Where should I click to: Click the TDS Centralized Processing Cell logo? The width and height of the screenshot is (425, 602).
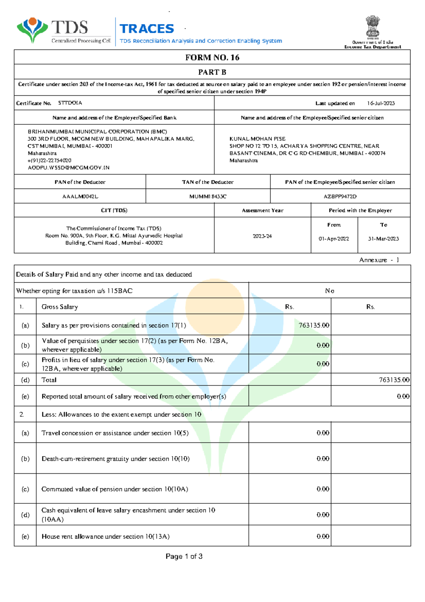(x=64, y=31)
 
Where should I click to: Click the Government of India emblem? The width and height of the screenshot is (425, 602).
(x=373, y=27)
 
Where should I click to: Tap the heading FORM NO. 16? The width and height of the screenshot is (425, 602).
(x=212, y=57)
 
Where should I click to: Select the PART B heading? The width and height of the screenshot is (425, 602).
(x=212, y=72)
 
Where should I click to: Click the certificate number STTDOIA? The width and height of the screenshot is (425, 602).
(x=70, y=103)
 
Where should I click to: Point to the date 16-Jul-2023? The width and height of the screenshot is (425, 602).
(x=381, y=103)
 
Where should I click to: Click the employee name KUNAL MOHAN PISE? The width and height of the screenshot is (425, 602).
(x=257, y=139)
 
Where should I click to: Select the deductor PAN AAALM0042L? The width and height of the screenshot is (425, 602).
(x=80, y=196)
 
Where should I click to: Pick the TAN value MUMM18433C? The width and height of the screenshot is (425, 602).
(x=208, y=196)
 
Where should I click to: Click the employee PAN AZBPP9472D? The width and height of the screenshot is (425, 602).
(x=340, y=196)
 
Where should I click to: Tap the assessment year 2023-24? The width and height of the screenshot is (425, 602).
(x=262, y=236)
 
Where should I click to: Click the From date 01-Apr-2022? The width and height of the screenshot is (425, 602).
(x=334, y=239)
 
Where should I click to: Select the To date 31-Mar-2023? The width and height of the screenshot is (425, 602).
(x=383, y=239)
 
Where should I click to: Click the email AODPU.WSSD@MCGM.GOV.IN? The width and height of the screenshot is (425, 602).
(x=69, y=168)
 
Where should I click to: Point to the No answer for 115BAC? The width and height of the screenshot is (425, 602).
(x=329, y=291)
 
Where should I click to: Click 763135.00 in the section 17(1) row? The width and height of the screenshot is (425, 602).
(x=313, y=325)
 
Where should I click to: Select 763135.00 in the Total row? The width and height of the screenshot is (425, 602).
(x=394, y=380)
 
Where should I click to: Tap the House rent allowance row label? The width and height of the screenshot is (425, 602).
(x=106, y=536)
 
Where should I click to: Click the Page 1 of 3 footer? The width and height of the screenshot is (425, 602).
(x=184, y=556)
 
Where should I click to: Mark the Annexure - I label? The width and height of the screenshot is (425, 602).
(x=379, y=260)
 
